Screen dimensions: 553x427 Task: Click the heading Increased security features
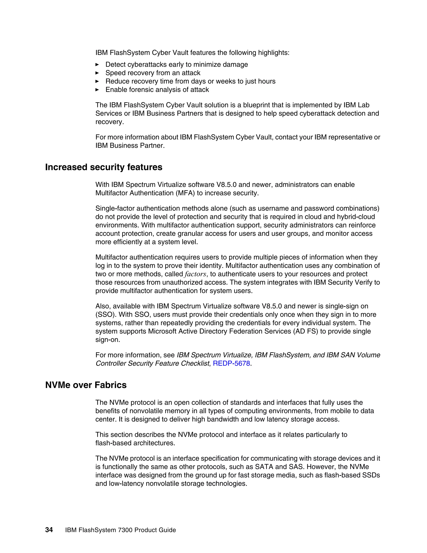pos(104,167)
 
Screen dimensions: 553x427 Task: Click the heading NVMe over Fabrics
pos(86,385)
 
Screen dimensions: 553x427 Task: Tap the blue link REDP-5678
pos(231,363)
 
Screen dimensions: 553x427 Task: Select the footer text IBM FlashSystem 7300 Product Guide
pos(121,530)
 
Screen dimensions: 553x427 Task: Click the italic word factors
pos(195,274)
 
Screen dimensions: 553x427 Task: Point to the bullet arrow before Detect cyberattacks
pos(97,64)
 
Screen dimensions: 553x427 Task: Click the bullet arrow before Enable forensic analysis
pos(97,90)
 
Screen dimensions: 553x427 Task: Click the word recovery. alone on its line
pos(109,122)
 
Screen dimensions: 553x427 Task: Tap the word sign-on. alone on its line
pos(108,340)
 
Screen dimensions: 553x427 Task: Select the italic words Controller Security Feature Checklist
pos(152,363)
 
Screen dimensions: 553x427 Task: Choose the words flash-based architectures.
pos(135,443)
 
